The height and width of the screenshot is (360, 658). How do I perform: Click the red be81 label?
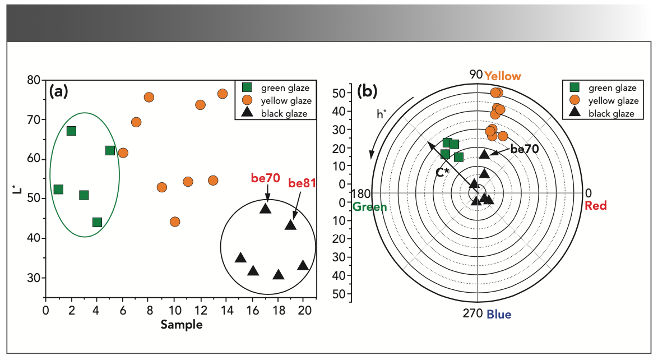302,183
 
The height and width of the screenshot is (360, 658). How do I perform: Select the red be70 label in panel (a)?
265,178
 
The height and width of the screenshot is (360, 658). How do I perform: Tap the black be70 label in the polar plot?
524,150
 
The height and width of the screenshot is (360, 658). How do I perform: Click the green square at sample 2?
71,131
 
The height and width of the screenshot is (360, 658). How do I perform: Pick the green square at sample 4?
97,222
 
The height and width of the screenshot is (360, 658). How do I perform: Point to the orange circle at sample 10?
175,221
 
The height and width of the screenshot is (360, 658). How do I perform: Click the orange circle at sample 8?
149,97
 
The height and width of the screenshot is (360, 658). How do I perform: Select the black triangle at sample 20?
303,265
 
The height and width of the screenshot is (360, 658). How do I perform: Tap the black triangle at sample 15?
240,257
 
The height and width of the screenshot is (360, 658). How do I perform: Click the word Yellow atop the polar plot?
503,76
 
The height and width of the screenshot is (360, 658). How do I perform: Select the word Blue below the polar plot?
499,315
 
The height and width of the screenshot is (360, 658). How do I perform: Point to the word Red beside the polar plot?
595,206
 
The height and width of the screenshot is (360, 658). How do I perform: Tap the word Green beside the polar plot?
369,207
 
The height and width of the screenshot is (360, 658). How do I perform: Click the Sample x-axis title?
181,325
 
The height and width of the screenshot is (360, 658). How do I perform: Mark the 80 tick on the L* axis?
34,80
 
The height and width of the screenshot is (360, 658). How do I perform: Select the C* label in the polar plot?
443,172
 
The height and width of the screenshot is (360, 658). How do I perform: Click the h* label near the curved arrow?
382,114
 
